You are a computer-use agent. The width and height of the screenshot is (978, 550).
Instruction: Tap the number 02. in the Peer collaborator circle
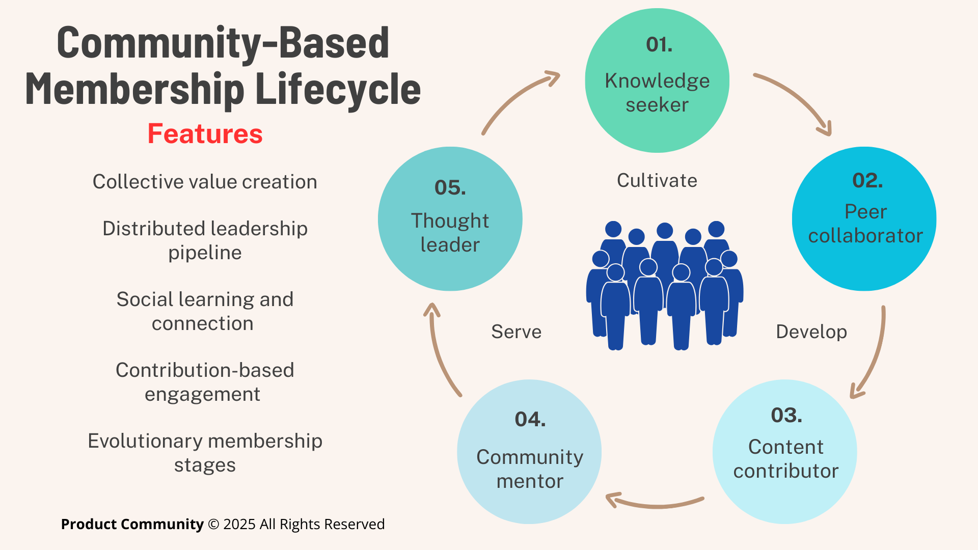[x=867, y=181]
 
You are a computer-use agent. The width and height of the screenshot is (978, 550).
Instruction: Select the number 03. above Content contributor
[x=786, y=416]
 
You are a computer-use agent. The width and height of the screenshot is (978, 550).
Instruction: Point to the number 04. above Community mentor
[x=530, y=420]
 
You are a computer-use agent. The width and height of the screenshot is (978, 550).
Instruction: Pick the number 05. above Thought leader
[x=450, y=188]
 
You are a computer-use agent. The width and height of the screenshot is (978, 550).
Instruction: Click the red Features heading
[x=205, y=134]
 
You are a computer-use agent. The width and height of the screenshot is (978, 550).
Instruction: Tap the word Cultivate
[x=657, y=181]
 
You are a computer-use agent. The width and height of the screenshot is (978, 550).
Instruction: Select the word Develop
[x=811, y=332]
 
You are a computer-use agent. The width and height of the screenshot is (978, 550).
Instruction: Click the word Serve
[x=516, y=332]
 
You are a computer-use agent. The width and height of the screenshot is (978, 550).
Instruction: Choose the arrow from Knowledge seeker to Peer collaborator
[x=797, y=99]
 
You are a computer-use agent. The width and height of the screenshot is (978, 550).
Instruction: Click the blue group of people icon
[x=665, y=285]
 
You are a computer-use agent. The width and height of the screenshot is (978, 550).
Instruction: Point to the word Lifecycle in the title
[x=338, y=90]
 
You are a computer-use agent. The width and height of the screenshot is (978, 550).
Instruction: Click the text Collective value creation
[x=205, y=182]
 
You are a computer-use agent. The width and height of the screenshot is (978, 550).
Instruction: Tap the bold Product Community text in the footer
[x=132, y=524]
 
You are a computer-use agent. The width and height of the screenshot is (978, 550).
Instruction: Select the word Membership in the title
[x=135, y=90]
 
